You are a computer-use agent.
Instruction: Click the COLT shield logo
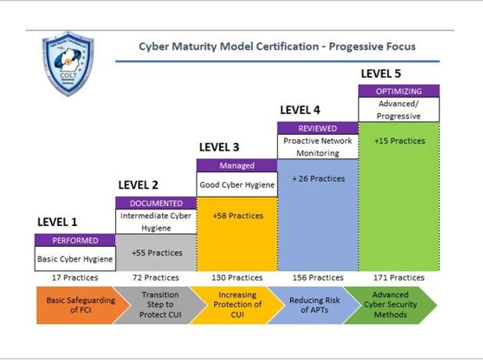click(x=68, y=63)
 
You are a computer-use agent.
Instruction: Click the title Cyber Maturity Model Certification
click(x=277, y=46)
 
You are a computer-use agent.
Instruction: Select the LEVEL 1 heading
click(x=57, y=222)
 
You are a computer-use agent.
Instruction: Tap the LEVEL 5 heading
click(x=381, y=74)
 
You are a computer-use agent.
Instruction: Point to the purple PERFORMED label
click(x=75, y=240)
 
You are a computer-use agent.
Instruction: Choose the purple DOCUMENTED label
click(x=156, y=203)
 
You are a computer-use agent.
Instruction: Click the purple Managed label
click(x=237, y=165)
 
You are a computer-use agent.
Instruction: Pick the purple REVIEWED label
click(x=318, y=128)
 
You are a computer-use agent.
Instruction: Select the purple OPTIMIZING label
click(x=399, y=91)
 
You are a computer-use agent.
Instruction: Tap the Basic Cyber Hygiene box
click(x=75, y=259)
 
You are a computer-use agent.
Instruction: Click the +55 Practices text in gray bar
click(x=156, y=253)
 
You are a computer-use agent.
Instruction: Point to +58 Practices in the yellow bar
click(x=237, y=216)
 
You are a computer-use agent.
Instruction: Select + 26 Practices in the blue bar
click(x=318, y=179)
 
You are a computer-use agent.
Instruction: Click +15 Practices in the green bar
click(x=399, y=141)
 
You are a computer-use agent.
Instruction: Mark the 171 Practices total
click(x=399, y=278)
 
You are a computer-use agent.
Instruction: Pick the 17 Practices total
click(x=75, y=278)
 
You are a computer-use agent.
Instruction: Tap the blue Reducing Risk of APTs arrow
click(x=314, y=305)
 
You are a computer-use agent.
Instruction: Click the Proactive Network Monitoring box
click(x=318, y=147)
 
